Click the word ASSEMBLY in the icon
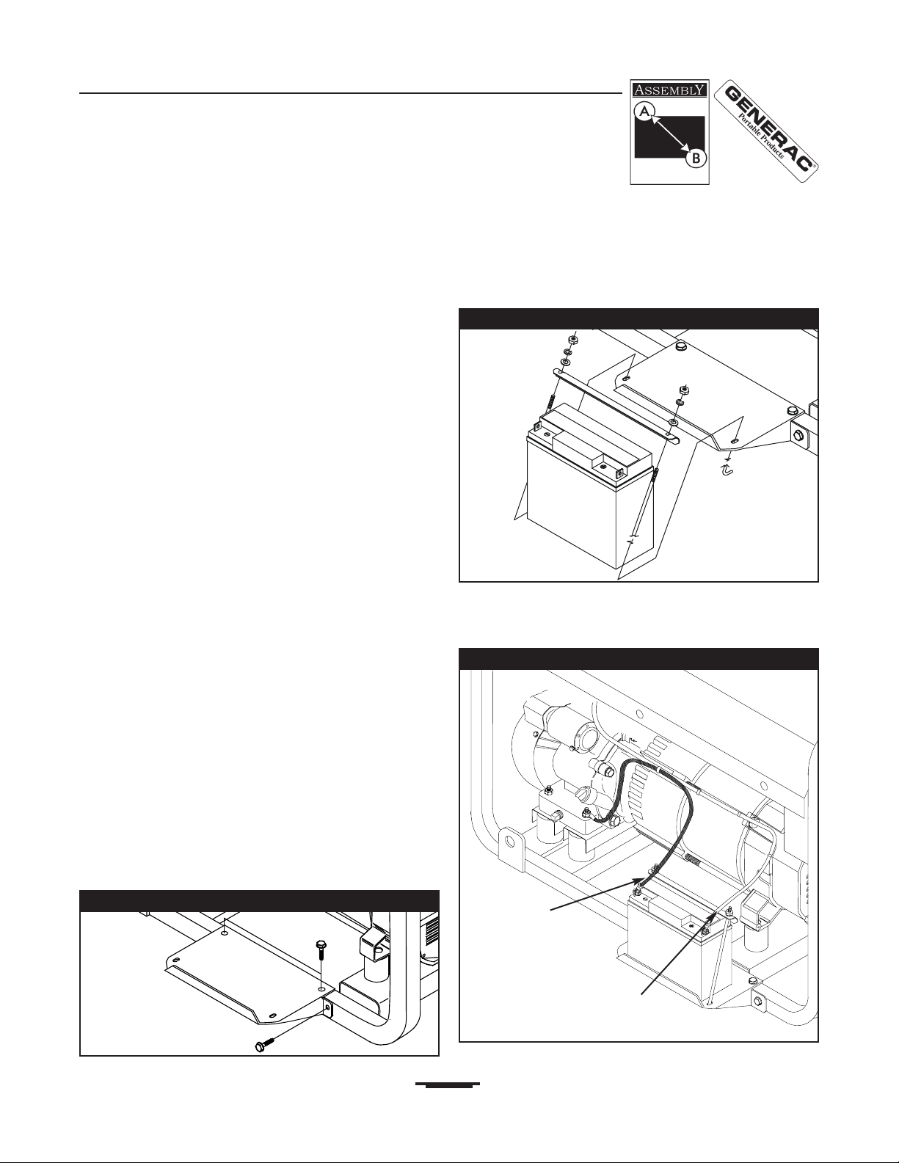669,90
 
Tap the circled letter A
645,112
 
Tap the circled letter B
696,158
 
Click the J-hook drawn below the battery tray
726,470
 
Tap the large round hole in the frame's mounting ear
511,842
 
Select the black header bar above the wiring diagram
639,659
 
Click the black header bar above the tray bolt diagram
260,901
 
